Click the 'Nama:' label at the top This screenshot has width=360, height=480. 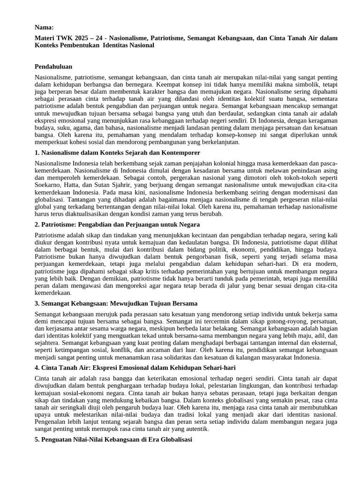(x=45, y=28)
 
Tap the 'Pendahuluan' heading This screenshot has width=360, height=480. (x=53, y=67)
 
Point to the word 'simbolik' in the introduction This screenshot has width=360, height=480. (x=299, y=85)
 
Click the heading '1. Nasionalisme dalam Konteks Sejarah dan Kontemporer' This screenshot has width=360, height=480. (x=117, y=153)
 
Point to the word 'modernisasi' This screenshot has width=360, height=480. (x=305, y=193)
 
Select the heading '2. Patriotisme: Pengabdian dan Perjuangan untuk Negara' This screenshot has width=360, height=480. (x=117, y=225)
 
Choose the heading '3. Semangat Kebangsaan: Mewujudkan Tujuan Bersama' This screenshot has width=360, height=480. (x=116, y=303)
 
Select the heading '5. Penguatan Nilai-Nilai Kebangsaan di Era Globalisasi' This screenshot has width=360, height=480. (x=113, y=441)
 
